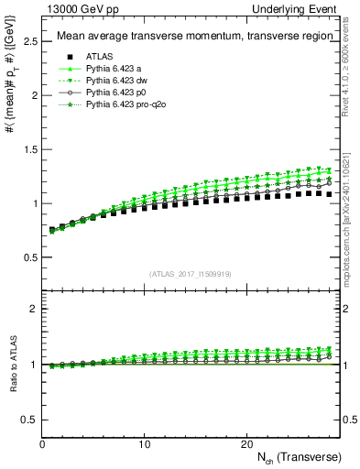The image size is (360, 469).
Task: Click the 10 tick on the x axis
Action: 144,444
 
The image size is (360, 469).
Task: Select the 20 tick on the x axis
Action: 245,444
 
